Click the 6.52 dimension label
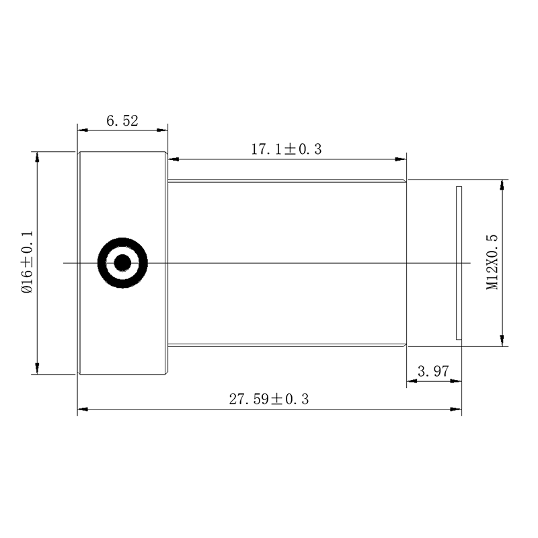[122, 121]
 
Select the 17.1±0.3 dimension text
[286, 149]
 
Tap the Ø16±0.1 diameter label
[27, 262]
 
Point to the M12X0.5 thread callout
[492, 262]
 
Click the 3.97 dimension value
[433, 371]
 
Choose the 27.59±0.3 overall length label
[269, 399]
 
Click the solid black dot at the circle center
[122, 263]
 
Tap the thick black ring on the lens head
[122, 239]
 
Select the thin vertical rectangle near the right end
[459, 263]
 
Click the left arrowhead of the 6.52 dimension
[83, 130]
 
